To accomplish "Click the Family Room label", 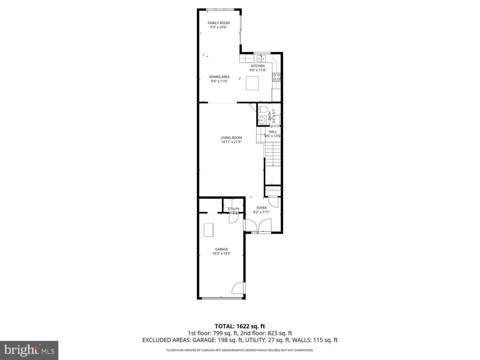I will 219,23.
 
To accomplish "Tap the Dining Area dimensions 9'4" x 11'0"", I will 219,81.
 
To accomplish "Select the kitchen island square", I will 252,83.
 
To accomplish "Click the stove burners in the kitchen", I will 277,77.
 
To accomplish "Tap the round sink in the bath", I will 262,120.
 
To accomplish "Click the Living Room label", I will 231,138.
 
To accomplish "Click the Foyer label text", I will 261,208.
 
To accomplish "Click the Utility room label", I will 233,209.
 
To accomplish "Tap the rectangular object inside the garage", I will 208,230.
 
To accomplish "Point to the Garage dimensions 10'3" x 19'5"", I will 221,253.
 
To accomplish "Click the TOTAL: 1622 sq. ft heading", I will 240,327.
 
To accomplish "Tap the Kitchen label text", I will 258,66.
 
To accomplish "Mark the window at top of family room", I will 220,9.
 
